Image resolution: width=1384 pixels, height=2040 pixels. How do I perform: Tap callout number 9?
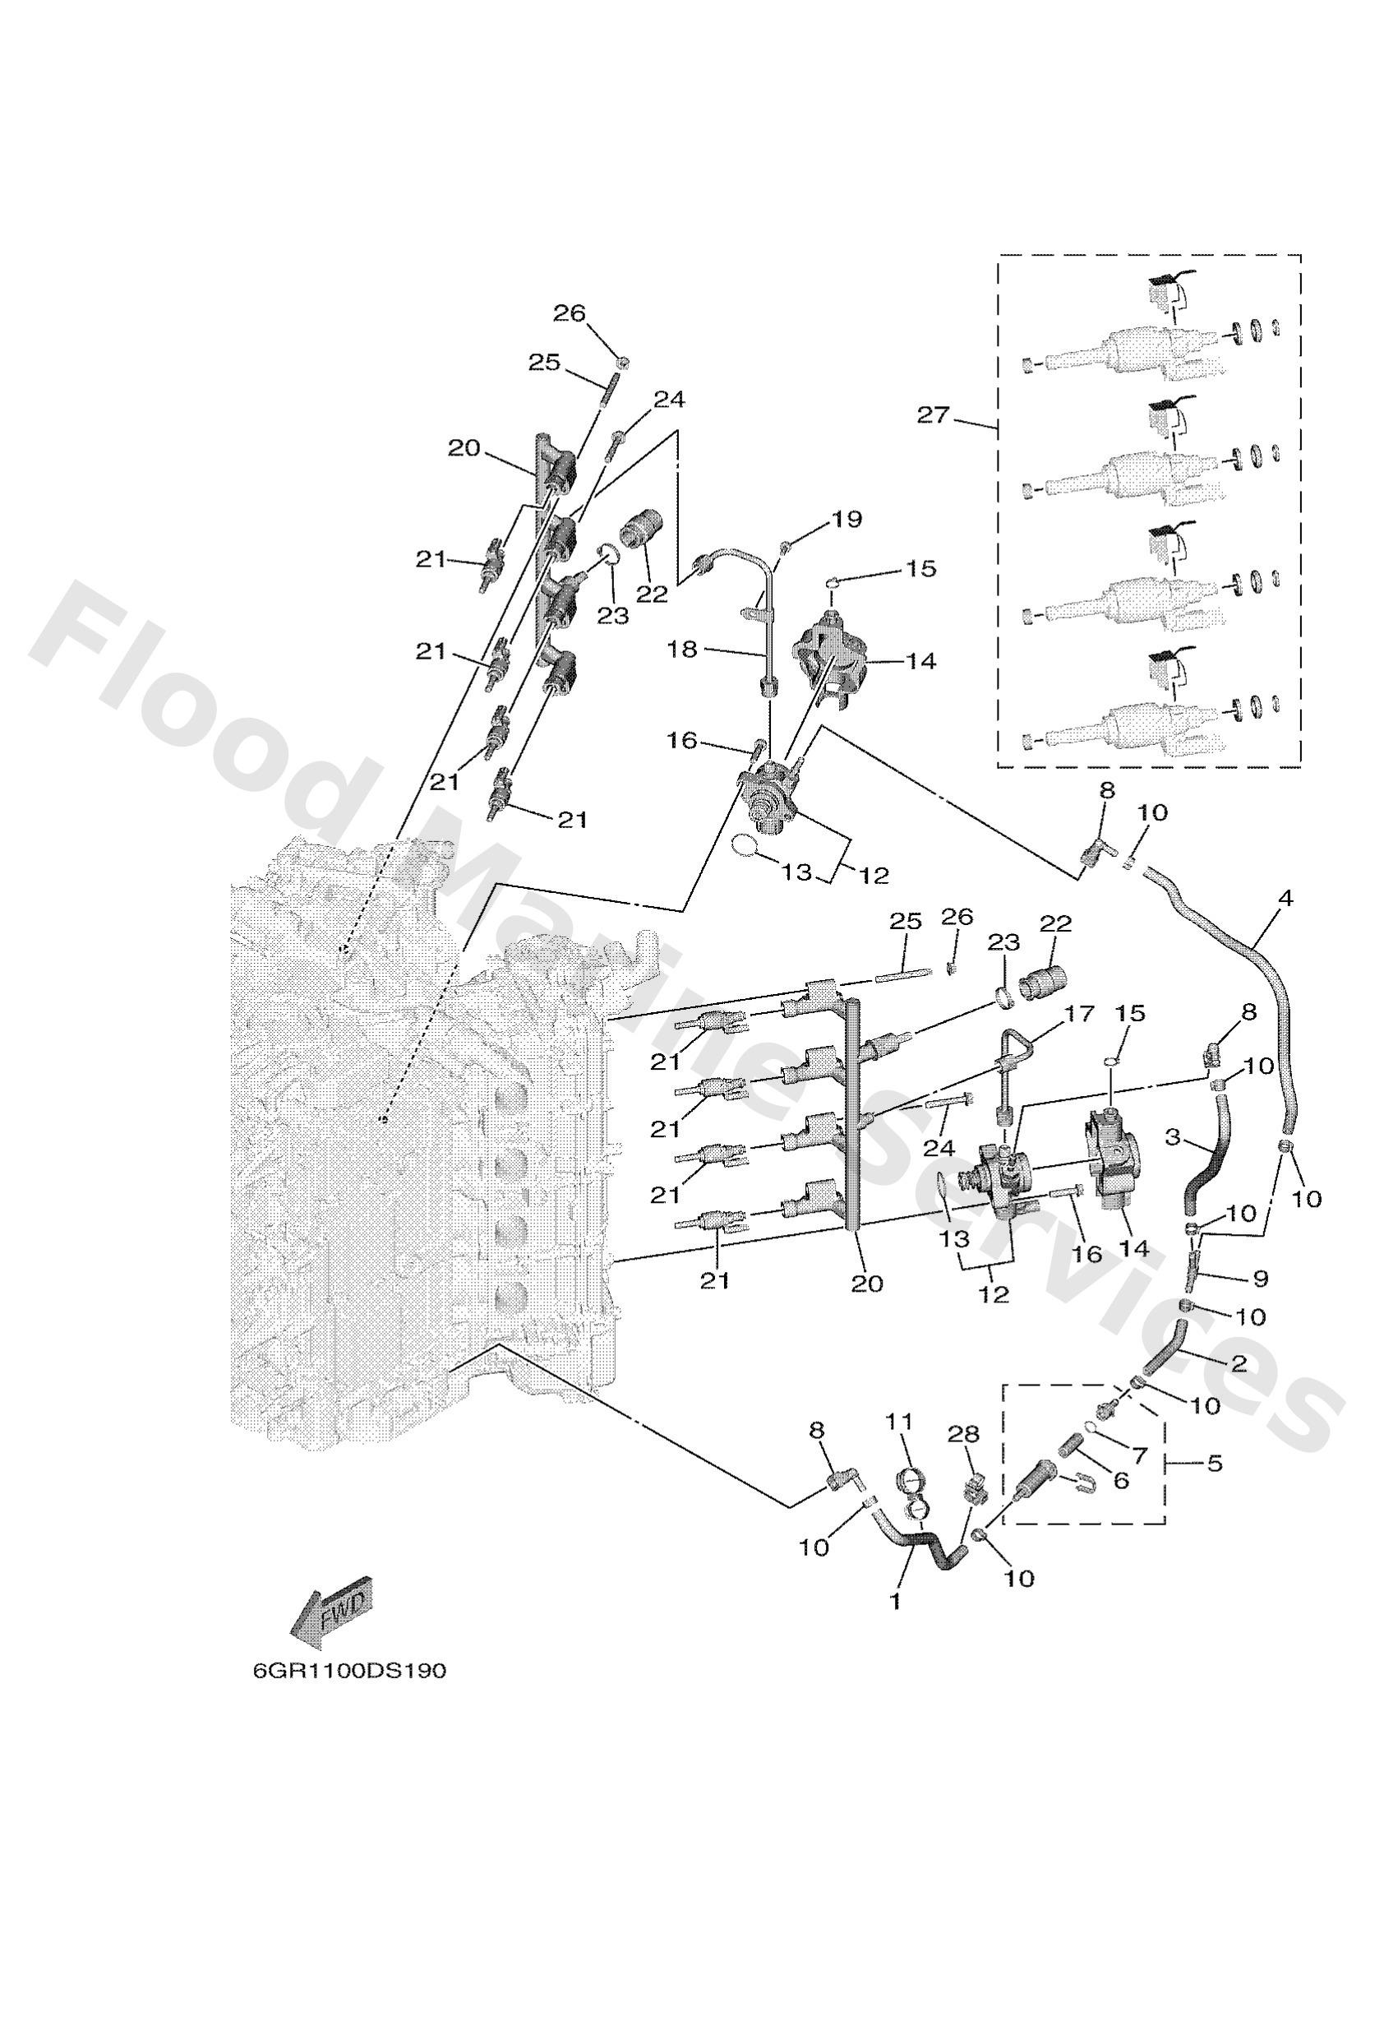[x=1260, y=1279]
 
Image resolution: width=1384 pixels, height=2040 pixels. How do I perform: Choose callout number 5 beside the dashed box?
[x=1215, y=1464]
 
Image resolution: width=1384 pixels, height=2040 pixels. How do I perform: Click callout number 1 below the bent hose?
[x=895, y=1601]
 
